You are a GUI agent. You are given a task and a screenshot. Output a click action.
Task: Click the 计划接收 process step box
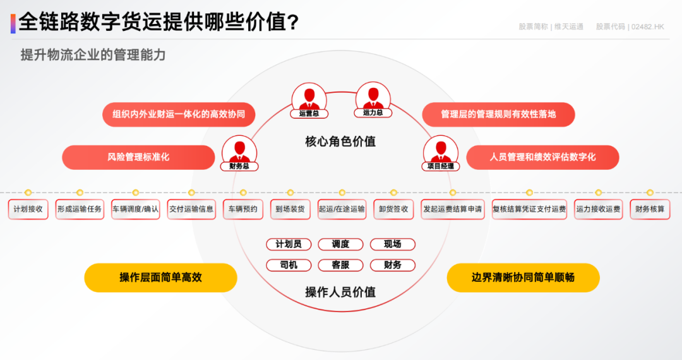28,209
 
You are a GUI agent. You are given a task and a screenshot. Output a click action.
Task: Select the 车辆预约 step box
243,209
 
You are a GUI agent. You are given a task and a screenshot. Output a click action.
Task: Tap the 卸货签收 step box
393,209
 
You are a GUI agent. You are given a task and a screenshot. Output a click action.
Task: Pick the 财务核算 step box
650,209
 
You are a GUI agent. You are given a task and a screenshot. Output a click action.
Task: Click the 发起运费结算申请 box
453,209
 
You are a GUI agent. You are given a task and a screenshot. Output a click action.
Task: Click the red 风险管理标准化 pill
138,157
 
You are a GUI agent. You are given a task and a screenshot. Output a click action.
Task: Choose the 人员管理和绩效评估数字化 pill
542,157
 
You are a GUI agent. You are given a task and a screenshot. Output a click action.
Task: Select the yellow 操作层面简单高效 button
160,277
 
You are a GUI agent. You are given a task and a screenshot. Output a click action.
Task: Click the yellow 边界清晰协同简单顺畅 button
523,277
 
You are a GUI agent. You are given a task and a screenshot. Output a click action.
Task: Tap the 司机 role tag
289,265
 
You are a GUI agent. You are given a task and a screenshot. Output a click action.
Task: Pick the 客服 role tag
341,265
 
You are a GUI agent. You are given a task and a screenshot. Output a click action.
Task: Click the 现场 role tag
393,244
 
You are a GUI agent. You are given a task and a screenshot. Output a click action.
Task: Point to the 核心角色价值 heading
340,141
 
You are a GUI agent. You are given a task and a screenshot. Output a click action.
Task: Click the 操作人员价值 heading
340,292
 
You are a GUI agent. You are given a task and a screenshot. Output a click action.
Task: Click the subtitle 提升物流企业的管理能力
93,55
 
